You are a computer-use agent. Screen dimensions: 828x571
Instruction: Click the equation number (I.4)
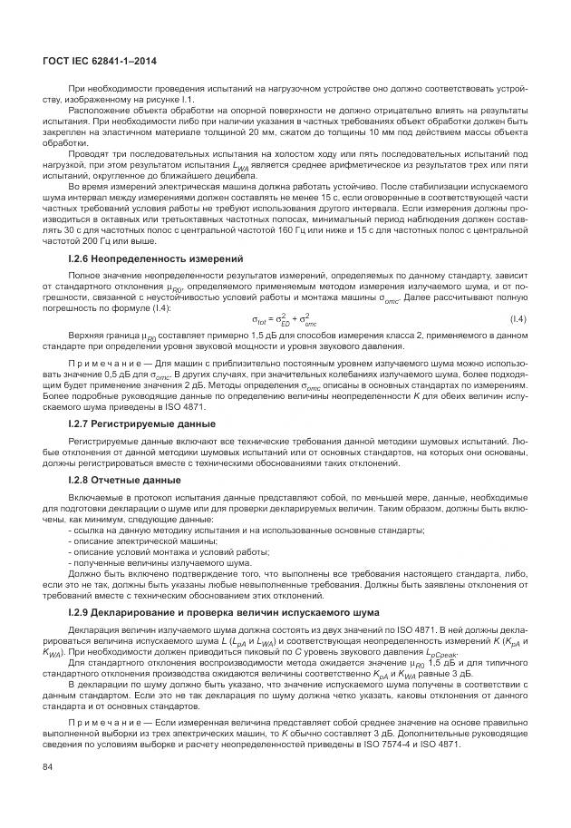coord(518,318)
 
